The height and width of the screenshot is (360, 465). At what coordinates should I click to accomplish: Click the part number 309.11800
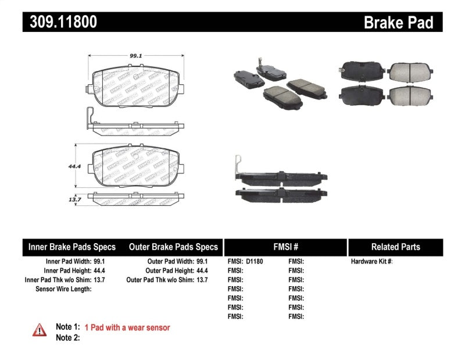(x=60, y=22)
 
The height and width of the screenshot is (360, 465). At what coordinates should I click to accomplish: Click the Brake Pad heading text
(x=398, y=23)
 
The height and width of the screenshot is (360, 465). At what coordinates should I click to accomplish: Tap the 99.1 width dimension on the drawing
(x=136, y=56)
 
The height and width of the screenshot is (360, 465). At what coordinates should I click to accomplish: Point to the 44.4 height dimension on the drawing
(x=74, y=166)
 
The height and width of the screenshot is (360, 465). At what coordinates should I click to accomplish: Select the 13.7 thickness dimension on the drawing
(x=74, y=199)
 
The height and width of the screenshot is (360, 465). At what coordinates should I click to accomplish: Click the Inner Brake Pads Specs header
(x=72, y=247)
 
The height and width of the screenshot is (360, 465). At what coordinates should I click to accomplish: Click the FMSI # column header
(x=285, y=247)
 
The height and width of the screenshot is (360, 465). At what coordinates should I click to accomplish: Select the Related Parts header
(x=395, y=247)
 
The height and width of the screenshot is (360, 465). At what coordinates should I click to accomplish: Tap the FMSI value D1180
(x=253, y=262)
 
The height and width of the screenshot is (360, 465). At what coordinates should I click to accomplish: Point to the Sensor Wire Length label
(x=63, y=289)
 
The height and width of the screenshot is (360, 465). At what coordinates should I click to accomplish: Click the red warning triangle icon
(x=39, y=330)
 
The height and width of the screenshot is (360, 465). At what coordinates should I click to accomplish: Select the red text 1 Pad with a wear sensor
(x=127, y=327)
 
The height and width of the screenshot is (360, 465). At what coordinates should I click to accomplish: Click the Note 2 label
(x=67, y=337)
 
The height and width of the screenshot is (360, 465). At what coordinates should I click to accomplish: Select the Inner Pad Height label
(x=67, y=270)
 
